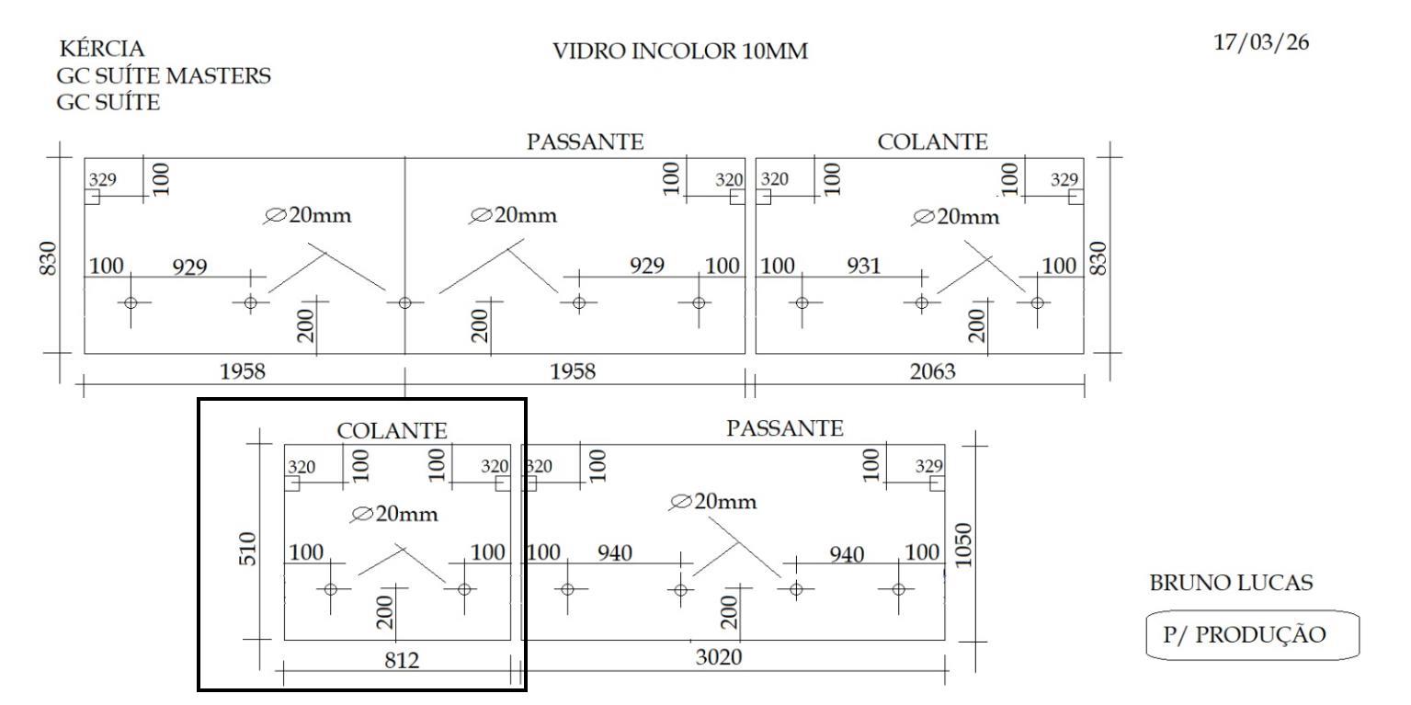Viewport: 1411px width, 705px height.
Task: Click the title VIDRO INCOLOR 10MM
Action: coord(679,52)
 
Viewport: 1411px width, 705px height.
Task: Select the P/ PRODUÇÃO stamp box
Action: coord(1252,635)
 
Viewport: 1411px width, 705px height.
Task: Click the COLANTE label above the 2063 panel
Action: coord(933,142)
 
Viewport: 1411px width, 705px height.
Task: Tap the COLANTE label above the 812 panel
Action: coord(392,430)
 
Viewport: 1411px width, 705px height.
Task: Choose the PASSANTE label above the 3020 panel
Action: coord(784,427)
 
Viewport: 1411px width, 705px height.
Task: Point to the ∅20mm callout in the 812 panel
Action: coord(394,514)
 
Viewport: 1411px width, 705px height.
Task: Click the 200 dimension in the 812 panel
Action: coord(385,608)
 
